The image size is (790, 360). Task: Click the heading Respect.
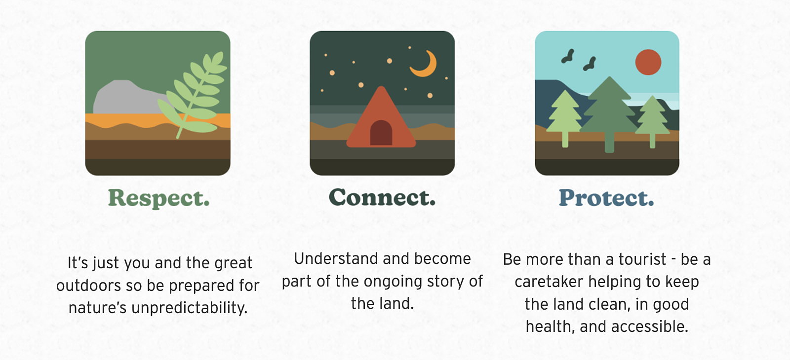(158, 198)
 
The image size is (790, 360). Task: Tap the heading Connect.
(382, 197)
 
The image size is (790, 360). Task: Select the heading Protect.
(606, 198)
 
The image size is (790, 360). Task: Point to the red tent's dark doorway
(381, 133)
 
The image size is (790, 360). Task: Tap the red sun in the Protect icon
(648, 62)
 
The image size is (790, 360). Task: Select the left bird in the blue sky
(568, 56)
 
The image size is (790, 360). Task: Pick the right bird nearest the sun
(590, 64)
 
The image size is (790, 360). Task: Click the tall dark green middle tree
(609, 113)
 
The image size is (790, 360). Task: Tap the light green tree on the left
(565, 116)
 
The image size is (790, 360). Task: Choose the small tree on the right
(652, 120)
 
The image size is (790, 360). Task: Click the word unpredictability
(189, 308)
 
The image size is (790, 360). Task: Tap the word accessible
(650, 326)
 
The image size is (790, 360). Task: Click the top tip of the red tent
(381, 87)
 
